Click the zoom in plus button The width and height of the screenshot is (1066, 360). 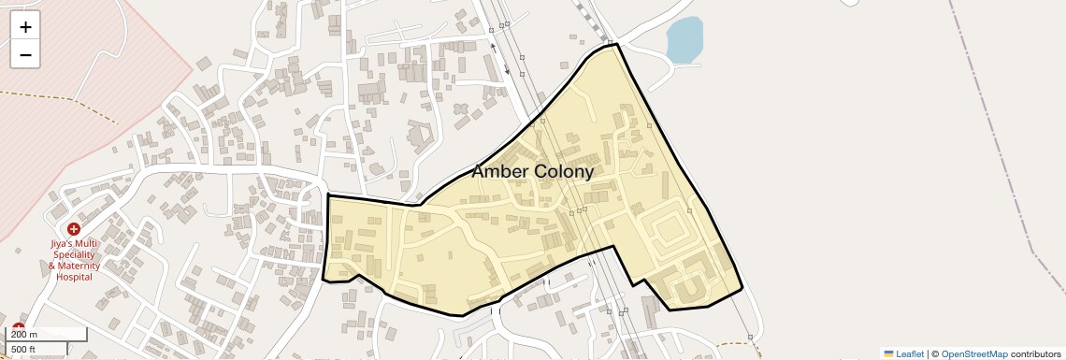25,26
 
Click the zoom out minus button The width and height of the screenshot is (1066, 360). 25,54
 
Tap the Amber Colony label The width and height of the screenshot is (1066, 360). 531,172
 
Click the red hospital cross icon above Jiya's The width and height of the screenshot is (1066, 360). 73,229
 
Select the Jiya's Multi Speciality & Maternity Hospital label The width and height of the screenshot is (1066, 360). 74,260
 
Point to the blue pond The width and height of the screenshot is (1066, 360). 684,40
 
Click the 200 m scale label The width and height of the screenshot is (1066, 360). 25,335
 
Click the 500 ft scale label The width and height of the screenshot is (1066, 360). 25,349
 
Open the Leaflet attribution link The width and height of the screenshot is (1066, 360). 910,354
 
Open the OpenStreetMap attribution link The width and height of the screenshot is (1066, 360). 973,354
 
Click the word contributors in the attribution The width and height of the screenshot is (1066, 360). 1035,354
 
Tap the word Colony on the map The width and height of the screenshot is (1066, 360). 564,172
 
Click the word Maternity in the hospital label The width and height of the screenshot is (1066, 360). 79,266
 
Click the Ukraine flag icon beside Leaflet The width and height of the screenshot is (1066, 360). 888,354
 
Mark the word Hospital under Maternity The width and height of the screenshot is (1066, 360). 75,278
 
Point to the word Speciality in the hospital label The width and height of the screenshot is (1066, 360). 75,255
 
